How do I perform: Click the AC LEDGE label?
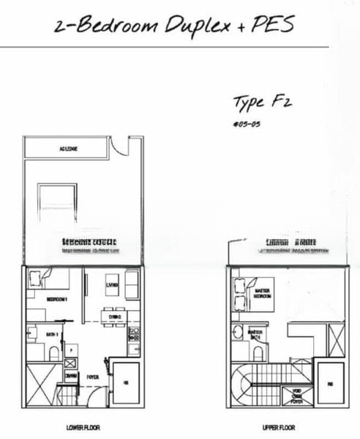click(x=68, y=149)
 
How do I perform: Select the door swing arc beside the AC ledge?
click(x=117, y=149)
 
